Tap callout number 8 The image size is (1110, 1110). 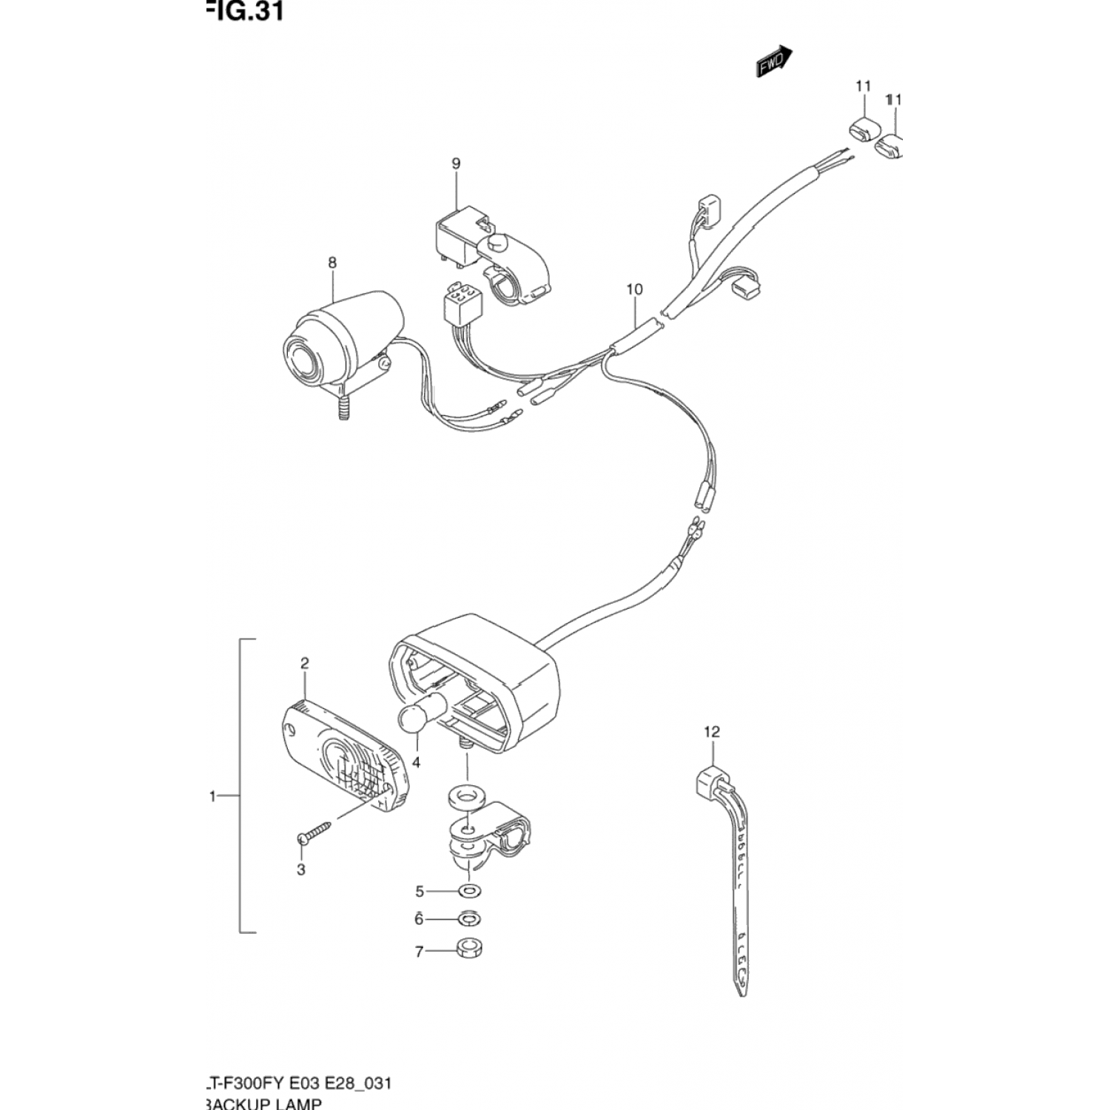click(332, 263)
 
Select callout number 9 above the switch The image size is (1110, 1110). click(456, 163)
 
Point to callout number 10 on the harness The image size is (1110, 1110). click(634, 289)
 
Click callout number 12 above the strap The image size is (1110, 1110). click(711, 732)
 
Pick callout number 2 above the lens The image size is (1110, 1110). click(304, 663)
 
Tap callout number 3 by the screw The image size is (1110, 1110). click(301, 869)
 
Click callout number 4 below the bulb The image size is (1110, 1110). click(416, 762)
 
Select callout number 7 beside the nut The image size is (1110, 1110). click(419, 952)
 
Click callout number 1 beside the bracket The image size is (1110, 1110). click(212, 796)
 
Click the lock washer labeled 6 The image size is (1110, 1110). click(468, 919)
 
